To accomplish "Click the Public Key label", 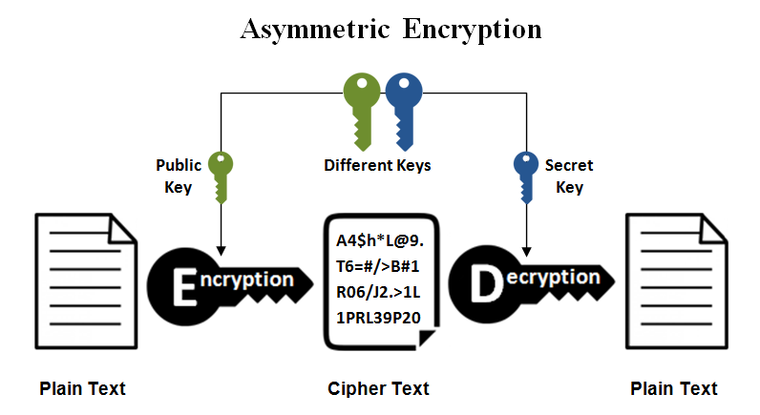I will click(x=179, y=176).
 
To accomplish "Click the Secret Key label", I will click(x=568, y=176).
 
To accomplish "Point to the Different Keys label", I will click(x=377, y=165).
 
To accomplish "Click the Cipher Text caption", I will click(x=378, y=388).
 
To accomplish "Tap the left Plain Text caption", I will click(x=82, y=388).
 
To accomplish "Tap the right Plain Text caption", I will click(x=674, y=388).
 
